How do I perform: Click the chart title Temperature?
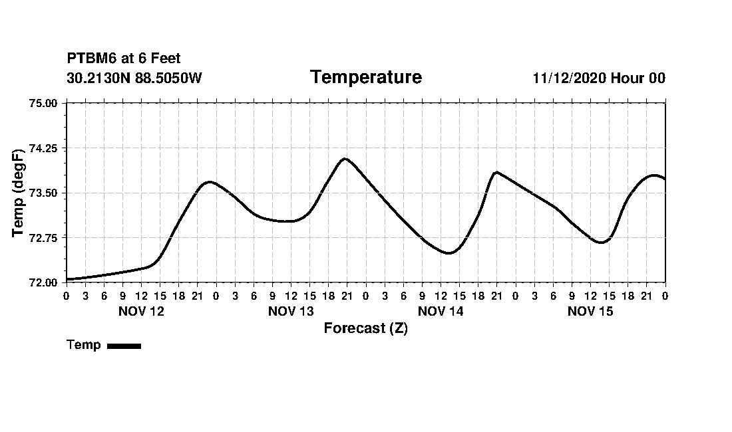(365, 77)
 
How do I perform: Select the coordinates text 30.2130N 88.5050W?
(134, 78)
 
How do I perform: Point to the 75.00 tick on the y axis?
(44, 103)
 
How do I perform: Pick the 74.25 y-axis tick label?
(44, 148)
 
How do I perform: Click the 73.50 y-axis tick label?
(44, 193)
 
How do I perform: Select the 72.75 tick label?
(44, 237)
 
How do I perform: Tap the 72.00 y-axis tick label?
(44, 282)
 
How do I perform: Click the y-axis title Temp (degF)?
(18, 193)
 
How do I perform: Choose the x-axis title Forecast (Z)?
(365, 328)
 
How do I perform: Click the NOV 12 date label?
(141, 311)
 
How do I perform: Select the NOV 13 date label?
(291, 311)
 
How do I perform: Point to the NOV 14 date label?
(441, 311)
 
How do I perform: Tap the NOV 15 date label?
(590, 311)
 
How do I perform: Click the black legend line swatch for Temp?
(124, 346)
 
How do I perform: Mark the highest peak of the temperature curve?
(345, 159)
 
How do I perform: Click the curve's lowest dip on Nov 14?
(449, 253)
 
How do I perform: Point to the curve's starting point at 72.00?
(67, 279)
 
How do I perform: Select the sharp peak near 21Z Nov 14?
(496, 172)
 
